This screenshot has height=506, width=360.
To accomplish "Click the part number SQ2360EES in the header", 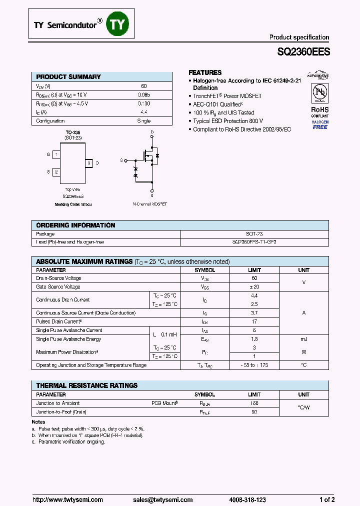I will coord(303,51).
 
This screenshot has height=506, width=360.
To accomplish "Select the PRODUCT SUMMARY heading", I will coord(68,76).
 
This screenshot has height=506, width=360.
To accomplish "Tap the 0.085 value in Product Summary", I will coord(143,94).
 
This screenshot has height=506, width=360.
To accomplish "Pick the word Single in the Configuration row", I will coord(143,121).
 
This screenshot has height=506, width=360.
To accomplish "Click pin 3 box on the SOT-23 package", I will coord(89,163).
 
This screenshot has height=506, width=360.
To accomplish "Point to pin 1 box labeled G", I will coord(56,155).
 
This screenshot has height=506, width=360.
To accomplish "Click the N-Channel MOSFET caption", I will coord(149,204).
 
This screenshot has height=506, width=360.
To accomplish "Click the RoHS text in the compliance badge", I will coord(320,109).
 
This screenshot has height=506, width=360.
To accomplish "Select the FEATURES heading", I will coord(205,72).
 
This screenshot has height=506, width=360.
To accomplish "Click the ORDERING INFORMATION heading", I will coord(75,225).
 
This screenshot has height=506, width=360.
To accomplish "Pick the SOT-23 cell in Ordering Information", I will coord(254,234).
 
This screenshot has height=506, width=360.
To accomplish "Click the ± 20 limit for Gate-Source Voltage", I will coord(254,287).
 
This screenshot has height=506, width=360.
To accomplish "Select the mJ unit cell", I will coord(303,339).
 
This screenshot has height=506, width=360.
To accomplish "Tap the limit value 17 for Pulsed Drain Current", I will coord(254,321).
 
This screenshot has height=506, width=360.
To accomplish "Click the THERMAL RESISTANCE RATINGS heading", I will coord(86,385).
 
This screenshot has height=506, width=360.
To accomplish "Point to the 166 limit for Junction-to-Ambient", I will coord(254,403).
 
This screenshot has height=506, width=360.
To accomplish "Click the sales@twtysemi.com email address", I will coord(163,499).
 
